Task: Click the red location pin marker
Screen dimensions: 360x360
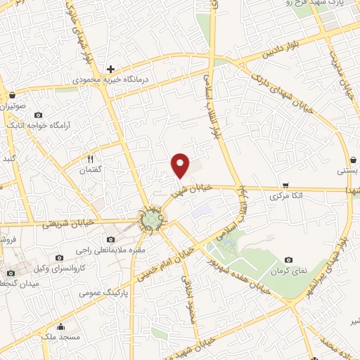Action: point(181,165)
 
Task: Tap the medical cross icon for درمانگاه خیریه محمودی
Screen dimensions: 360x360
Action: point(110,69)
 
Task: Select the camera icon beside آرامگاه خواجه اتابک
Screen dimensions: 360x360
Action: point(38,115)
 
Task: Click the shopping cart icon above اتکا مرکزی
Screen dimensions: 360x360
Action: point(285,186)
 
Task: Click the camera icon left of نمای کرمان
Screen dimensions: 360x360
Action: point(288,260)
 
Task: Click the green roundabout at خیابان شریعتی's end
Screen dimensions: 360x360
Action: point(150,221)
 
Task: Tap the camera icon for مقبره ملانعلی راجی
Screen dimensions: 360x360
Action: point(110,240)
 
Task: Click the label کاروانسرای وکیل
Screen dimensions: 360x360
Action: point(82,269)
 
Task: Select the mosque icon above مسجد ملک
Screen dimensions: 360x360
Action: point(61,326)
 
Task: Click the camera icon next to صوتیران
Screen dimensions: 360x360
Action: point(11,96)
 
